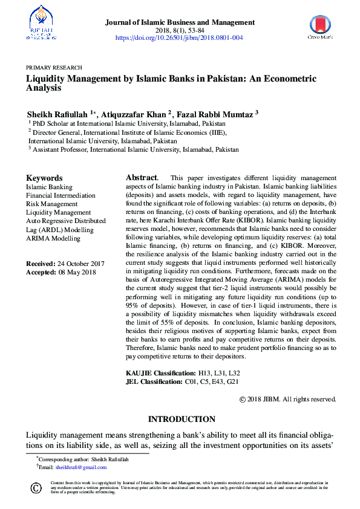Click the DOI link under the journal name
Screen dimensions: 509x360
click(x=180, y=37)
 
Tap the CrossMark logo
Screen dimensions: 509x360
click(x=320, y=28)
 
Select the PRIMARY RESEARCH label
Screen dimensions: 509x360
click(x=54, y=68)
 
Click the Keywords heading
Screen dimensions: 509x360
click(x=44, y=178)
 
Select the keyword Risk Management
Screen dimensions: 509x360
click(x=51, y=204)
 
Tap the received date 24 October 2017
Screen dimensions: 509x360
click(x=80, y=264)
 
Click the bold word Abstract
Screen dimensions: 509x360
click(x=142, y=178)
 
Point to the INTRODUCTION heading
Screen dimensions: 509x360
click(x=182, y=419)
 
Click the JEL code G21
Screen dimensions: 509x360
click(x=232, y=381)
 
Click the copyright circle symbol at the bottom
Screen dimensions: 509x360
click(x=36, y=487)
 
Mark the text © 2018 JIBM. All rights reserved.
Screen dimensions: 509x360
click(x=287, y=399)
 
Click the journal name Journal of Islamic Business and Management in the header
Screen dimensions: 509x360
click(x=180, y=22)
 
